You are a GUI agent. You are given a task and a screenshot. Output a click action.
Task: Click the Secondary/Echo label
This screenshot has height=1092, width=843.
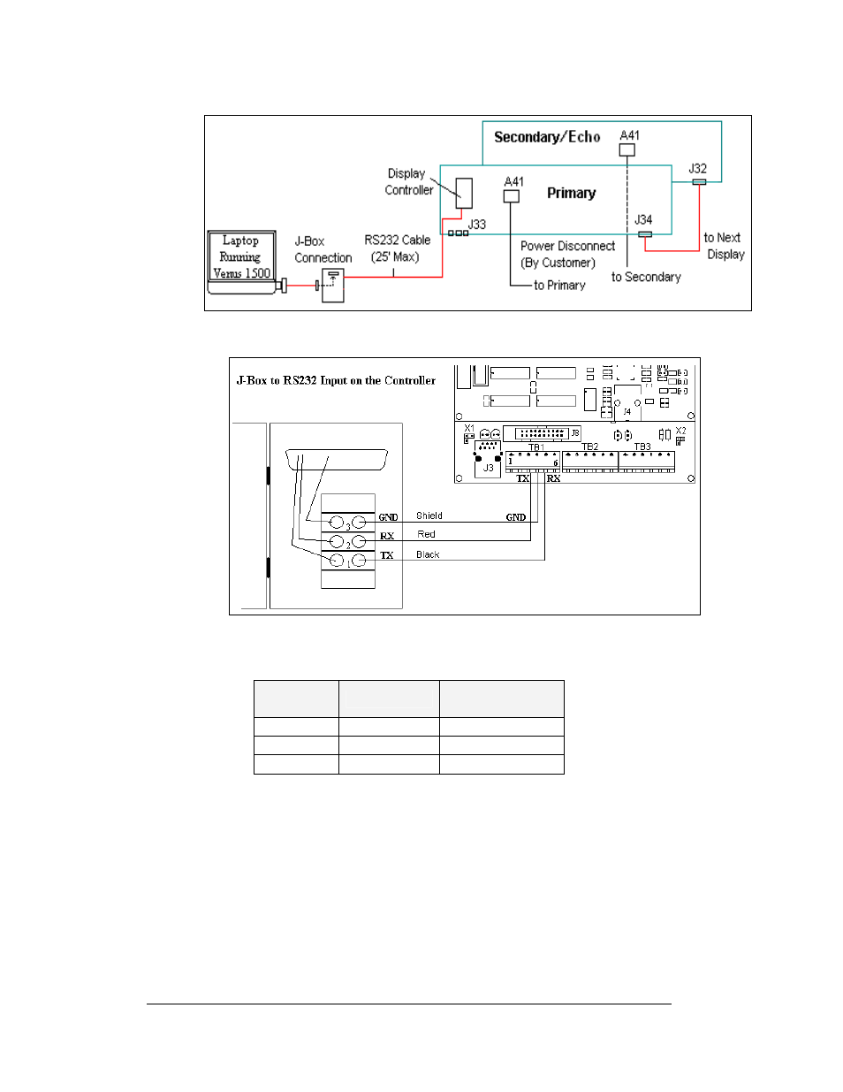547,137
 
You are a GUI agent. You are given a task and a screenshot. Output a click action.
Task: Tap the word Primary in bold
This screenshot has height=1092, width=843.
571,194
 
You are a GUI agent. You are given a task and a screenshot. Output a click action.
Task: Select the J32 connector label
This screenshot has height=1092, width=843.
697,169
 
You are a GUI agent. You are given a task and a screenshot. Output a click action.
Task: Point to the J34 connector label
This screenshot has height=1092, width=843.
643,220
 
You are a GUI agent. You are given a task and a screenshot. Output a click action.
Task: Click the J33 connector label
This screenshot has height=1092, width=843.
477,225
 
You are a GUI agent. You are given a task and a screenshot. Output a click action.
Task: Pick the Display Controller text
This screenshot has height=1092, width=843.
408,182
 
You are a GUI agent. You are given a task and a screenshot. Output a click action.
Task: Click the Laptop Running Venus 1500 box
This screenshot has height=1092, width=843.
241,257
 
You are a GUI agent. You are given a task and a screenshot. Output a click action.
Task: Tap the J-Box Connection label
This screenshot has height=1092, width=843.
323,249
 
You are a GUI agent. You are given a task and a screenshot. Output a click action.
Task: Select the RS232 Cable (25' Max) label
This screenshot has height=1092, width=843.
397,248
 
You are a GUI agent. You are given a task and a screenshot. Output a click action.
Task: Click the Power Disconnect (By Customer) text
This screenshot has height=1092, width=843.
566,255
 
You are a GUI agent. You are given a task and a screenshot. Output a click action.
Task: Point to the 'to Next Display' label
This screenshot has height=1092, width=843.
724,246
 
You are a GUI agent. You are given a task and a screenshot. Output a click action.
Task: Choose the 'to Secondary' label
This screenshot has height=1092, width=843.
646,278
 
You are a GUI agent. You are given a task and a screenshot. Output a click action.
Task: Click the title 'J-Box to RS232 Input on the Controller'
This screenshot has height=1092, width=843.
336,381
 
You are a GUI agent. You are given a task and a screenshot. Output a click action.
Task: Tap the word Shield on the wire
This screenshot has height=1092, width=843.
429,515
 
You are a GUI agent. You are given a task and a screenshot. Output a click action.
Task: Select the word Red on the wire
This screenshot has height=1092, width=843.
426,534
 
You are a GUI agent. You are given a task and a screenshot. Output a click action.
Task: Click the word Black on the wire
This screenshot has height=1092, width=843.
428,555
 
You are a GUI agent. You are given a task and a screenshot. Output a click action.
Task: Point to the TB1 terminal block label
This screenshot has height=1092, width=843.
535,447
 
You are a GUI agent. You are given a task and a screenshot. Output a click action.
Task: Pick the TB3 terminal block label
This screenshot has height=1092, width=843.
642,447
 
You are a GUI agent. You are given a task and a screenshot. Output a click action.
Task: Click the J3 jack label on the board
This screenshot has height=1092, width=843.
488,468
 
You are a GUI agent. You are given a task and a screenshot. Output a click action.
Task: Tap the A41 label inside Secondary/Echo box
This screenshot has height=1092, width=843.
629,135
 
